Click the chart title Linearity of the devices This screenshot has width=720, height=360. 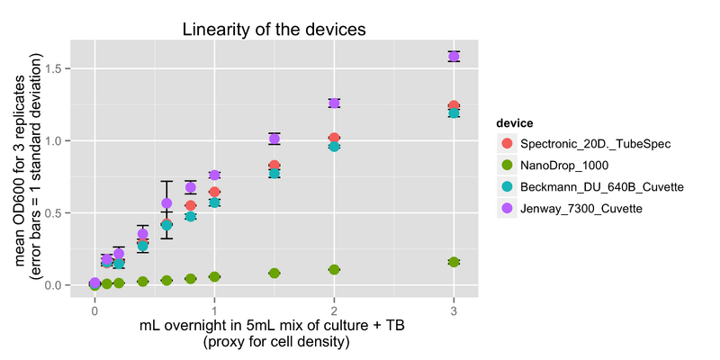coord(274,28)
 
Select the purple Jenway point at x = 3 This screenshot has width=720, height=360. coord(454,56)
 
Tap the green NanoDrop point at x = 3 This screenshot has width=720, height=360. coord(454,262)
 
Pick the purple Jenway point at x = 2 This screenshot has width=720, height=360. coord(334,103)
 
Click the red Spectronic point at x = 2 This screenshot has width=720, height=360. coord(334,138)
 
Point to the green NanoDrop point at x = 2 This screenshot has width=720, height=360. coord(334,270)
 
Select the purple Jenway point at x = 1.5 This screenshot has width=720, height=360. coord(274,139)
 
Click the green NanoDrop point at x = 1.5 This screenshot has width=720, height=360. coord(274,273)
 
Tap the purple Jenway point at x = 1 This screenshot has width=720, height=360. coord(214,175)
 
